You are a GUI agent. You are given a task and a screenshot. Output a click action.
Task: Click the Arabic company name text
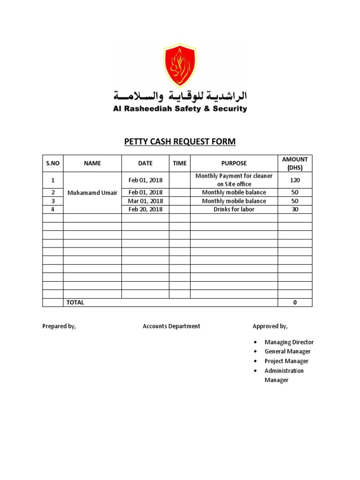[x=180, y=97]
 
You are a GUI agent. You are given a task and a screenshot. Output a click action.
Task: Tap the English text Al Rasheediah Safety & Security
[x=180, y=109]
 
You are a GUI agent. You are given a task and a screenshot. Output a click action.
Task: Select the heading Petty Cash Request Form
[x=180, y=142]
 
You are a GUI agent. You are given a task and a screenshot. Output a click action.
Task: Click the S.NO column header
[x=53, y=163]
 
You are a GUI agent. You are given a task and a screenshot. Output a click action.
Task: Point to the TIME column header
[x=180, y=163]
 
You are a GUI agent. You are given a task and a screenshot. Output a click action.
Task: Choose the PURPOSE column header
[x=234, y=163]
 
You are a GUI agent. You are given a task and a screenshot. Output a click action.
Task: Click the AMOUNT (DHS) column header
[x=295, y=163]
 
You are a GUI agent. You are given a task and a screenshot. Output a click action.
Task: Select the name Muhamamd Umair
[x=92, y=193]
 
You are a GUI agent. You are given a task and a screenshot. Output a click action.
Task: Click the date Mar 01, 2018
[x=145, y=201]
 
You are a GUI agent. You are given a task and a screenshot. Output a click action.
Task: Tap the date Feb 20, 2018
[x=145, y=210]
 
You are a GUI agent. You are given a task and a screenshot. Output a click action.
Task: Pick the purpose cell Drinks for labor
[x=234, y=210]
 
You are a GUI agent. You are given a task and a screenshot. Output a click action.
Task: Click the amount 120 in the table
[x=295, y=180]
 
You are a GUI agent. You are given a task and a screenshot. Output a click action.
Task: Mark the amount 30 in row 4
[x=295, y=210]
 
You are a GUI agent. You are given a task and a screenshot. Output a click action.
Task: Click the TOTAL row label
[x=75, y=302]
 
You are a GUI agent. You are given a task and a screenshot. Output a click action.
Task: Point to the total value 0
[x=295, y=302]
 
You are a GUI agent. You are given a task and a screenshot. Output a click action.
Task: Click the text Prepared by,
[x=59, y=326]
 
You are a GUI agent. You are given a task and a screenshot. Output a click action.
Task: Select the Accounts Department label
[x=171, y=326]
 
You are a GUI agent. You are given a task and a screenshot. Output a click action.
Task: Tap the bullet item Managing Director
[x=289, y=342]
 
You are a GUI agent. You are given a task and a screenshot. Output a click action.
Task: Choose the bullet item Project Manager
[x=286, y=361]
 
